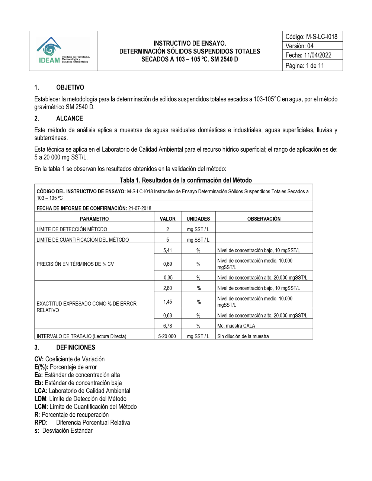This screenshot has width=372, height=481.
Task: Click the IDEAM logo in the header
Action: [63, 51]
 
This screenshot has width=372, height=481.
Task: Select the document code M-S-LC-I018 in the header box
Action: [321, 36]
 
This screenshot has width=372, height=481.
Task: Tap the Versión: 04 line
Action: [299, 46]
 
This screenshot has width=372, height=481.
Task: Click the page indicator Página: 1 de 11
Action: [305, 66]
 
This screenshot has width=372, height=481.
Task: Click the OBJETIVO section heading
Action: [70, 87]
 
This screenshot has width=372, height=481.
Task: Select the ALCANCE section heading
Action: [70, 119]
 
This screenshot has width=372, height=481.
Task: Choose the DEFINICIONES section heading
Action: [76, 348]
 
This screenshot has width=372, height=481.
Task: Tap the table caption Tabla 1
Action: [186, 180]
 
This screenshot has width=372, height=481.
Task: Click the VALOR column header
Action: [167, 219]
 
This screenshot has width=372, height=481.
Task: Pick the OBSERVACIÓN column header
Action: [264, 219]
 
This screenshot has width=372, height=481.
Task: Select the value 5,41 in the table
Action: [167, 250]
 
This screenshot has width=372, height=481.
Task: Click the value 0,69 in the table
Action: [167, 264]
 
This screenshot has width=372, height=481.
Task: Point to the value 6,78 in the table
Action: [167, 326]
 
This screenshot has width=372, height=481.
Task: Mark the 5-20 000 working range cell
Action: [167, 336]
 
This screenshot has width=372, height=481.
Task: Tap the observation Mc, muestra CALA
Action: [236, 326]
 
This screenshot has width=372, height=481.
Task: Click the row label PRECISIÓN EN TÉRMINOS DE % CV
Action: [75, 264]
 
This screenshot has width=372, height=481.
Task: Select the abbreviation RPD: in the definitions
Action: [41, 423]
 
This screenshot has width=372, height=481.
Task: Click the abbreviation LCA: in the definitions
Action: [41, 391]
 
